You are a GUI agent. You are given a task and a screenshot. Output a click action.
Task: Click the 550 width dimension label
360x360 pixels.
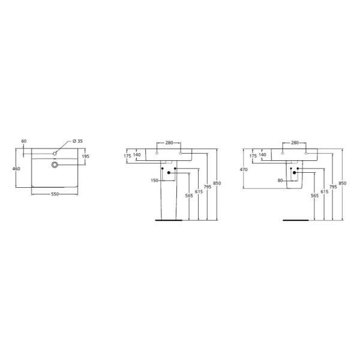tap(55, 194)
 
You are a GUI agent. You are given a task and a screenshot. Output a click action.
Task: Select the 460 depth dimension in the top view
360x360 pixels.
tap(16, 169)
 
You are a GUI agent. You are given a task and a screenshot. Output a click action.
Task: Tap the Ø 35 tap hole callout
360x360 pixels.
tap(77, 141)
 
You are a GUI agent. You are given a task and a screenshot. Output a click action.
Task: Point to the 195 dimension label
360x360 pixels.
tap(85, 157)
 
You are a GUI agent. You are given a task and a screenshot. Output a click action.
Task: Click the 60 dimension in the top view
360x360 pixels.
tap(24, 141)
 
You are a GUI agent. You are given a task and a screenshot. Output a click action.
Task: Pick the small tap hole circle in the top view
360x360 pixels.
tap(55, 154)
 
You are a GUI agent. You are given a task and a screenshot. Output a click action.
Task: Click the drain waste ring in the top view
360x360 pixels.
tap(55, 164)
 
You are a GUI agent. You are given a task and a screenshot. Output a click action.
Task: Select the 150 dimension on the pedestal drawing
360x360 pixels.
tap(155, 181)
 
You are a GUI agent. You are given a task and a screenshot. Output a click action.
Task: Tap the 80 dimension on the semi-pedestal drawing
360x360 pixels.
tap(280, 181)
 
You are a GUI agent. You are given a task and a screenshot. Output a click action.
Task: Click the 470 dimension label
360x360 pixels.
tap(244, 170)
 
